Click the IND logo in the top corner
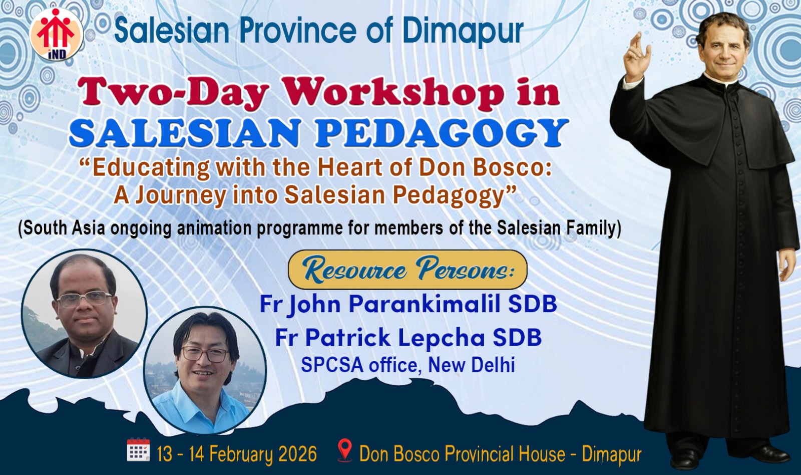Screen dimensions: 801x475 coord(57,34)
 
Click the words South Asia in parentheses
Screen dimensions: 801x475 coord(62,228)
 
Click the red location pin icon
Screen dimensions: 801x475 coord(345,450)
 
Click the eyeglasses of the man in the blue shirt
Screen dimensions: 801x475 coord(205,354)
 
